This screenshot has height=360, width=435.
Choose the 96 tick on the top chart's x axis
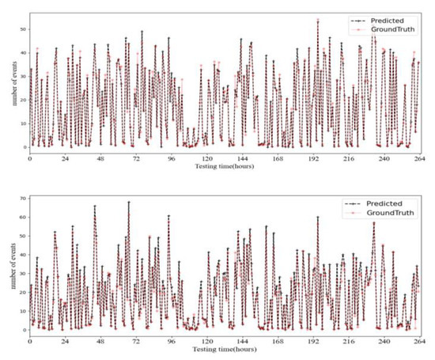tap(171, 157)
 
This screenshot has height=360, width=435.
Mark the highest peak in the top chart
tap(318, 21)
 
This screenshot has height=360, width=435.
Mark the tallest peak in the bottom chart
tap(129, 202)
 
